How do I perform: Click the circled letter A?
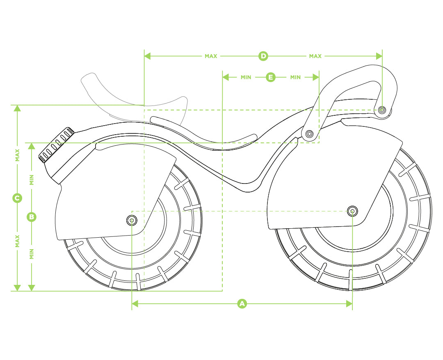tap(242, 304)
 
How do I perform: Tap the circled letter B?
tap(32, 217)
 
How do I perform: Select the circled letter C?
tap(17, 198)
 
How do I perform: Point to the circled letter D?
tap(263, 56)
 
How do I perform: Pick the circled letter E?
tap(270, 77)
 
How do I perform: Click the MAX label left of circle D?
tap(211, 56)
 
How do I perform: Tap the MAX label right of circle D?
tap(315, 56)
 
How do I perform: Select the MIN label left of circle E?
tap(246, 77)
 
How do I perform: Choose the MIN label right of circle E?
tap(295, 77)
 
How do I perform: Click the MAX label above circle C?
tap(17, 155)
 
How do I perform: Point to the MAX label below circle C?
tap(17, 241)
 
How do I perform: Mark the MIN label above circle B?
tap(32, 179)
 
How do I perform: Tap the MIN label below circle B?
tap(32, 253)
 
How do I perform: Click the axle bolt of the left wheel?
tap(131, 220)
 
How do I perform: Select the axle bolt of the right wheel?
tap(352, 211)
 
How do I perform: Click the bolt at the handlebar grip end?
tap(382, 110)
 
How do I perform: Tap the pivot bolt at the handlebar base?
tap(309, 133)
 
